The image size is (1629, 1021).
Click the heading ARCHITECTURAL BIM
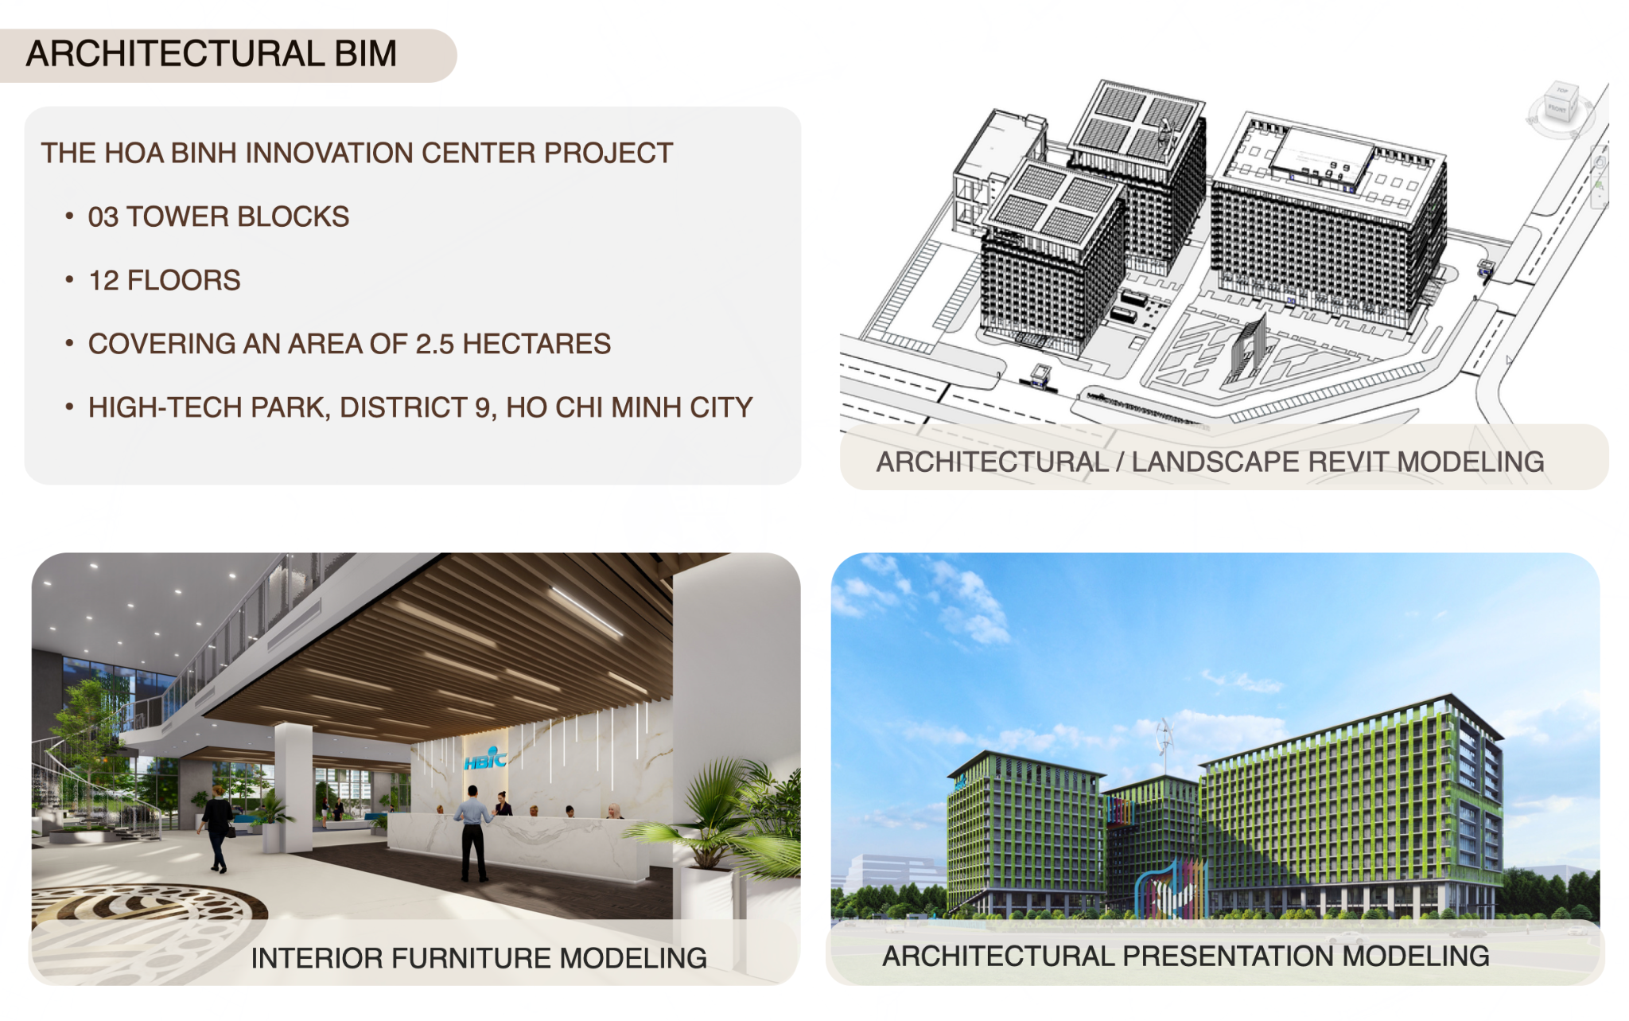(212, 54)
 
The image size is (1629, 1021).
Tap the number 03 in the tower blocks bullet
(103, 216)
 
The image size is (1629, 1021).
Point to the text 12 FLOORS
(164, 280)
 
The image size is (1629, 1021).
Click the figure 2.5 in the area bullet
(434, 344)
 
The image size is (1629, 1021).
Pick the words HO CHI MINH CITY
(629, 407)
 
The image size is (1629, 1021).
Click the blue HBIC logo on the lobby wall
(485, 759)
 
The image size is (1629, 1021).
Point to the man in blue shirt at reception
(474, 833)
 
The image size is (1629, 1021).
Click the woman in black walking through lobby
(216, 828)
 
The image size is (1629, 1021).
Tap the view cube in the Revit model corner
(1559, 107)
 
